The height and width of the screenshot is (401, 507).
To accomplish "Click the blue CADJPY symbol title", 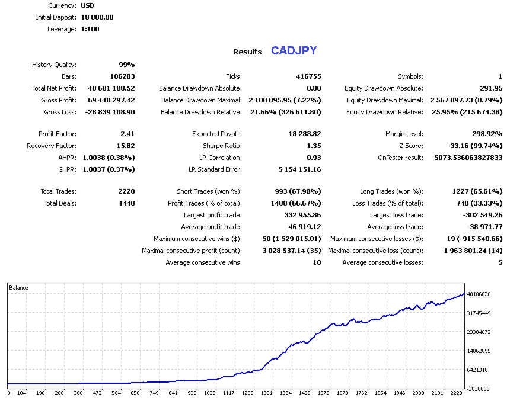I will point(294,51).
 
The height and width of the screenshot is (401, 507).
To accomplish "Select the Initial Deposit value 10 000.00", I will point(97,17).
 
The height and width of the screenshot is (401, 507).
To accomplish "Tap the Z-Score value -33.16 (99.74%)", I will point(475,146).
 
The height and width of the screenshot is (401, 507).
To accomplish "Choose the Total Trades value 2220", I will point(126,191).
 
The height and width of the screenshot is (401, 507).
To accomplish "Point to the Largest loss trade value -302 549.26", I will point(477,215).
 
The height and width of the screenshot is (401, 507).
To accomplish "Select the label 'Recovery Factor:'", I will point(51,146).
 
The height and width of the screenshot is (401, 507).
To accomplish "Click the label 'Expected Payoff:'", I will point(216,134).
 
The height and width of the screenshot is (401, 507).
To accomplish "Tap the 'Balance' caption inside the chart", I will point(18,288).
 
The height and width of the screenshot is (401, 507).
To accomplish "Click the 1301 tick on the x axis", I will point(266,393).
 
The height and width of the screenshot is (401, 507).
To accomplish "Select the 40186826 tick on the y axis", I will point(479,294).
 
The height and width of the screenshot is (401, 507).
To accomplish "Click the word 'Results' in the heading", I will point(247,52).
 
